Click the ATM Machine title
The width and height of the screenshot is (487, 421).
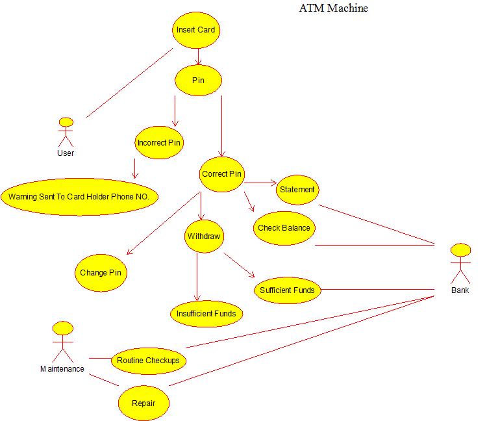[333, 8]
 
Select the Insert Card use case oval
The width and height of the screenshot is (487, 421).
[195, 30]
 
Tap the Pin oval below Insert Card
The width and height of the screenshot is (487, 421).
[198, 80]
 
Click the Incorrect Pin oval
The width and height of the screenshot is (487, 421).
[159, 143]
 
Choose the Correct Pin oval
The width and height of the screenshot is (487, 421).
[222, 174]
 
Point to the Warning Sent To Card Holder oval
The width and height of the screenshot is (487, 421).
[79, 195]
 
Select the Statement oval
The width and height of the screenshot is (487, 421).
[297, 190]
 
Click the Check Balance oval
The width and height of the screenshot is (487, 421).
[284, 228]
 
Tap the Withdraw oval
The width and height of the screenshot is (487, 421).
[204, 236]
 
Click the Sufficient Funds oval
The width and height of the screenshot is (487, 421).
[286, 290]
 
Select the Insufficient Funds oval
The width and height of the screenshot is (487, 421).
[206, 314]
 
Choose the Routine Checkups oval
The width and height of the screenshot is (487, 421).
[148, 361]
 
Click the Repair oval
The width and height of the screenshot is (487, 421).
[144, 403]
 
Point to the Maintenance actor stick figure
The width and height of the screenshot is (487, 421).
[62, 342]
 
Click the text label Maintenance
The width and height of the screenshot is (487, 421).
[62, 369]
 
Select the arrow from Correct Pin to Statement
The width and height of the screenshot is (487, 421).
[260, 183]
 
